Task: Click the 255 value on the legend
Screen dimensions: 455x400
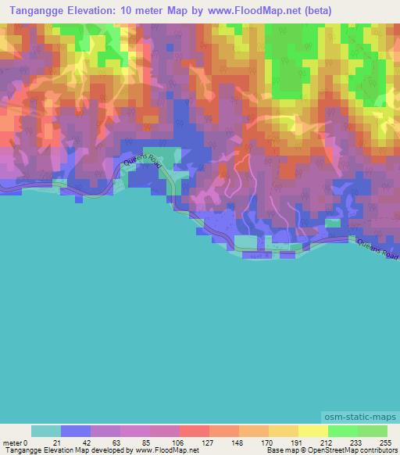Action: (x=386, y=443)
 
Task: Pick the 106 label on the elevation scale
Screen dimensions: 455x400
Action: (x=179, y=443)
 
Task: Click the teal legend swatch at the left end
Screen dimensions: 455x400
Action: (x=45, y=432)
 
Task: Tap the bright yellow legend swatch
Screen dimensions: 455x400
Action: (x=312, y=432)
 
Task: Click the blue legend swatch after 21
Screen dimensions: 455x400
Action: (x=75, y=432)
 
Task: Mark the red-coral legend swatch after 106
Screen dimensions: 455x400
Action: (x=194, y=432)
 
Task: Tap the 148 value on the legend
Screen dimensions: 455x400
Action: (x=238, y=443)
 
